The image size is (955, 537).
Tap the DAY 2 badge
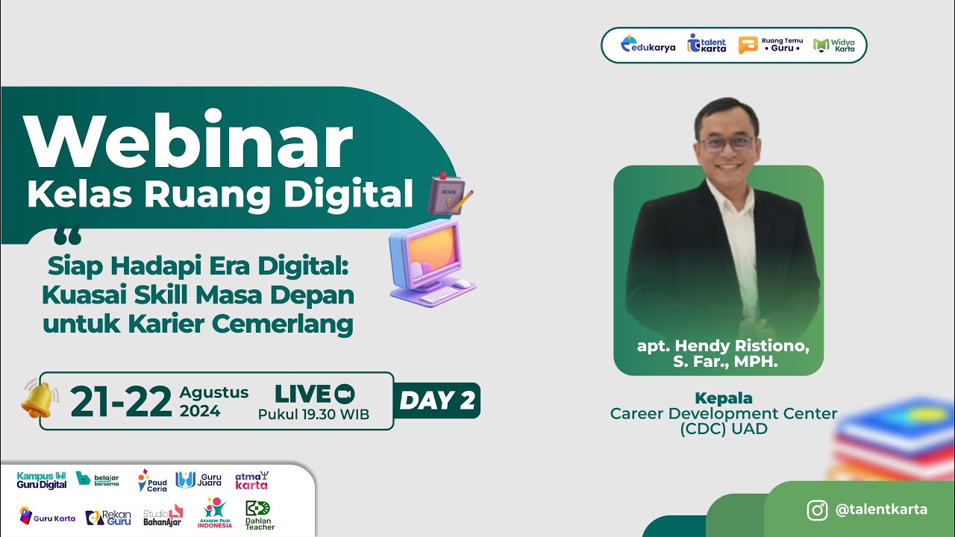click(436, 401)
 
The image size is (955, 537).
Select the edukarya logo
click(648, 45)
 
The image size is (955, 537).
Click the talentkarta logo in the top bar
click(707, 45)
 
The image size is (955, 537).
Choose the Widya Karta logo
click(834, 45)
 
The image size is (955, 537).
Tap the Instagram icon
click(817, 510)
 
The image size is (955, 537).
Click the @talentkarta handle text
click(881, 510)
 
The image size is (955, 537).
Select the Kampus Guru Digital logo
click(42, 480)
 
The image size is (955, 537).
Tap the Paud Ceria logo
click(152, 480)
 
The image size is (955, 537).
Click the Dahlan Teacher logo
click(260, 515)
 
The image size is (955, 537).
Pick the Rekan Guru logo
click(108, 517)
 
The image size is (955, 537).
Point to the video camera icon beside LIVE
click(344, 394)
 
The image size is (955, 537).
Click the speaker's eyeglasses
click(726, 143)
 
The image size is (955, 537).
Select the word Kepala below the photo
click(723, 398)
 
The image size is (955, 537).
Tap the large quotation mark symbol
click(68, 238)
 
